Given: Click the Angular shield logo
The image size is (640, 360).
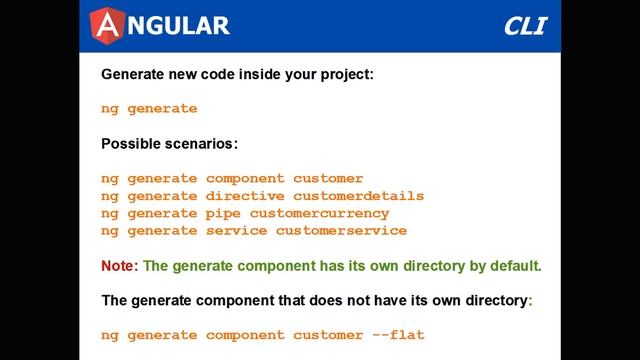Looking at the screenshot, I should [108, 25].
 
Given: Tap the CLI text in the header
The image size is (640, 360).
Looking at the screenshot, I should [525, 25].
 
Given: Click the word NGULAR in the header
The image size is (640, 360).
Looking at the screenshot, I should [178, 25].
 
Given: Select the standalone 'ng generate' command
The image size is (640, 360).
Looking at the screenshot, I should [149, 109].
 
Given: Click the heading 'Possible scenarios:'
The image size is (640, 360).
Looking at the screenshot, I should [169, 143].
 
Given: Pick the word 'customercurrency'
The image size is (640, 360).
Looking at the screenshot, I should [319, 213].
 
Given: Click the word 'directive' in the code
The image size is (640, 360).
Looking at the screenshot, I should [245, 196].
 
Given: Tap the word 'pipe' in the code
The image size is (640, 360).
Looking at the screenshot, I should [223, 213].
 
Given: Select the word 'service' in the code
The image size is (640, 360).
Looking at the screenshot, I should [236, 230].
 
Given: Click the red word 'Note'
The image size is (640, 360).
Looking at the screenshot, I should [118, 266].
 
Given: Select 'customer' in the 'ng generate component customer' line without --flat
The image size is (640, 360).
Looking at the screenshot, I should [328, 179].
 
